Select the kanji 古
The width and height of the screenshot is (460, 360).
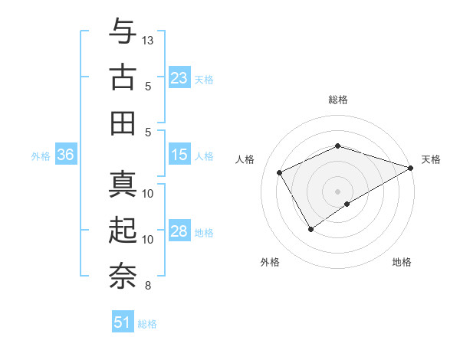coord(123,77)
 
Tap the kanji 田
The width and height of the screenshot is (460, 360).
coord(123,122)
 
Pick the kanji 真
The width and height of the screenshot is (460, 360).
coord(123,185)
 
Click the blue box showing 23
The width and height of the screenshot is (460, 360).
coord(179,77)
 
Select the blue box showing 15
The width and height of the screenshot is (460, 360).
coord(179,155)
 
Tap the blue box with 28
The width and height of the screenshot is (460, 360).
coord(179,231)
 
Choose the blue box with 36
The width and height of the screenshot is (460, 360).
coord(65,155)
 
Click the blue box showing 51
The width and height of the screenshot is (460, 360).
coord(123,322)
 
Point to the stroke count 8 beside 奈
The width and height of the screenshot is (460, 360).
coord(148,286)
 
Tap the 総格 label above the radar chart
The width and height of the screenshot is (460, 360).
coord(337,100)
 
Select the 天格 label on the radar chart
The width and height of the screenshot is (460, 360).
coord(431,159)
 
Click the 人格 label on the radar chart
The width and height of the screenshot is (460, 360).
coord(245,159)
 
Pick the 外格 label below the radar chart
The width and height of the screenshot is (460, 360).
coord(270,262)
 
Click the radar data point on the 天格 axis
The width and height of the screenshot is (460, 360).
coord(412,167)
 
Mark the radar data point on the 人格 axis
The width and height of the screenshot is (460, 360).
coord(280,172)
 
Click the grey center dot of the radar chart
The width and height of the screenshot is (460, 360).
coord(337,191)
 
